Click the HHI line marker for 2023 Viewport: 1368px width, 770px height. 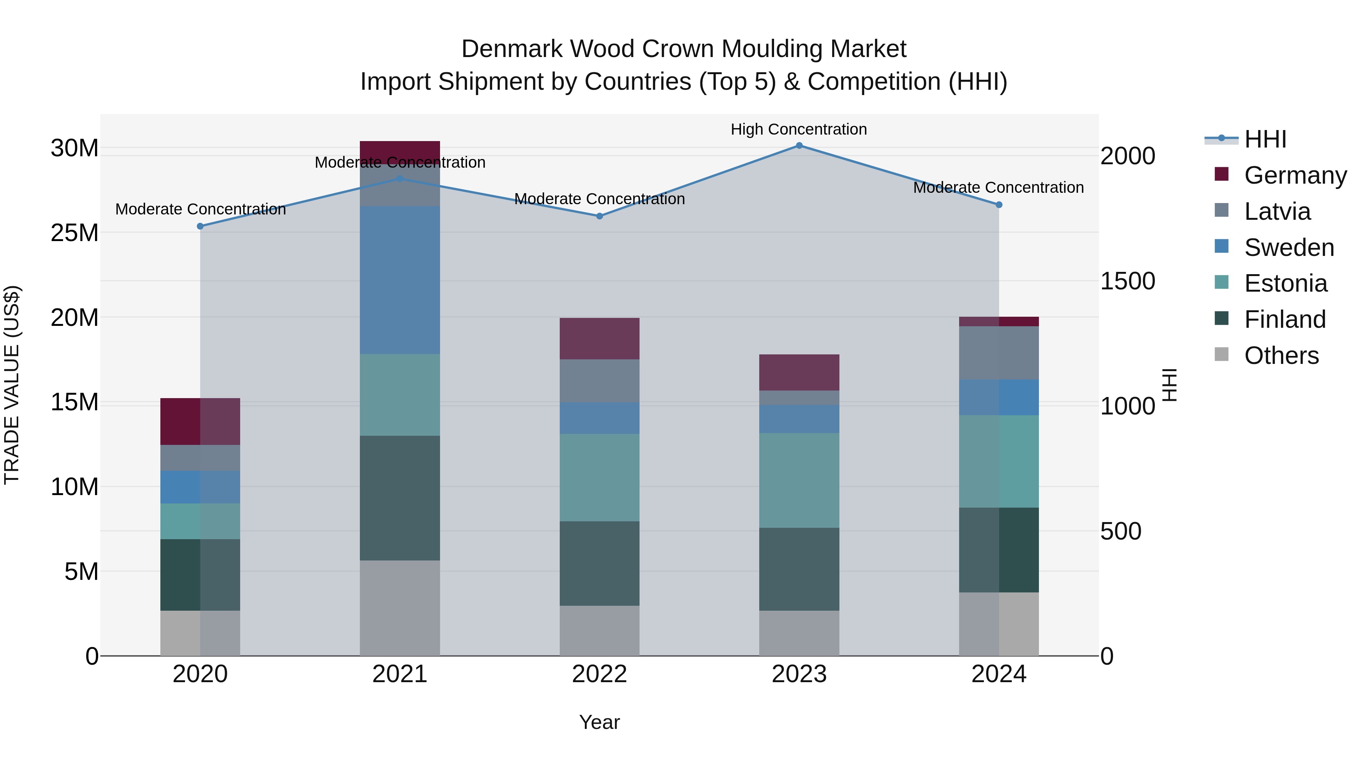[799, 146]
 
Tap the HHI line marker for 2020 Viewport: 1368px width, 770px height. [200, 226]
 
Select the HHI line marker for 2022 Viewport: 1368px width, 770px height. [600, 216]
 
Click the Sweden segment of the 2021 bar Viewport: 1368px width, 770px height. [400, 280]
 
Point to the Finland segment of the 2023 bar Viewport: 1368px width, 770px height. [799, 569]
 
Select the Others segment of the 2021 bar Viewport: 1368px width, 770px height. [400, 608]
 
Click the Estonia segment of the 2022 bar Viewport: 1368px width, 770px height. [600, 477]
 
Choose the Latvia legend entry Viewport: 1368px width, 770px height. [1277, 211]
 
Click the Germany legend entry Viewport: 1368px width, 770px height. [1295, 175]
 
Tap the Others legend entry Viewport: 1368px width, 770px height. [1281, 356]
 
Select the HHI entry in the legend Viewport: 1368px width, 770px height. [1265, 139]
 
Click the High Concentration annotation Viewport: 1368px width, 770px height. [799, 129]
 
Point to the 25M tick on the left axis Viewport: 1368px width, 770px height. [74, 233]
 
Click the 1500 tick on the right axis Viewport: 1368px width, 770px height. [1127, 281]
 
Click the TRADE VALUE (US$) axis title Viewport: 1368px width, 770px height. [12, 385]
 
